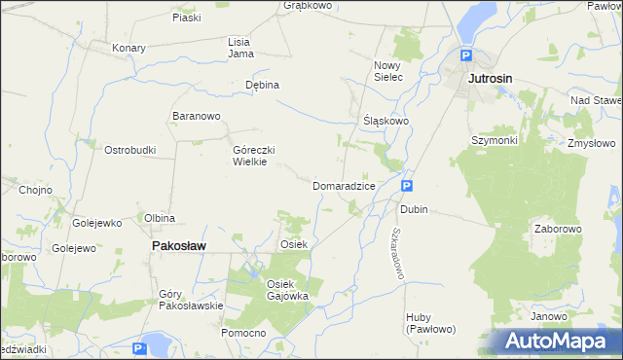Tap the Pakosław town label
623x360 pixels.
pos(178,246)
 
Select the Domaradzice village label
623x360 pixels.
pos(344,185)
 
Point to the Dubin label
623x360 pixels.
pos(414,209)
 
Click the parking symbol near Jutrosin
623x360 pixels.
pos(466,56)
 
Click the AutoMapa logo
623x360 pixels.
pos(556,341)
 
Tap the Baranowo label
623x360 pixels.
pos(197,117)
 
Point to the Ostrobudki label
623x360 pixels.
pos(130,150)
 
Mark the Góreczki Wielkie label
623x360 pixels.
pos(256,156)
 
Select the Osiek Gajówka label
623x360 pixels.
pos(287,289)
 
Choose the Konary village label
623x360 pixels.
pos(128,48)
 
